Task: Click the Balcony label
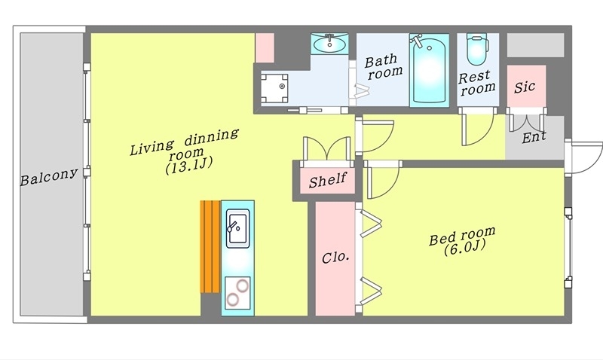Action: pyautogui.click(x=49, y=177)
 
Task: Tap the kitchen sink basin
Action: pyautogui.click(x=237, y=228)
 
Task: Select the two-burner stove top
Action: pyautogui.click(x=237, y=293)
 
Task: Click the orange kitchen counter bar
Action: pyautogui.click(x=210, y=246)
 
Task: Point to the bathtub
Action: pyautogui.click(x=429, y=70)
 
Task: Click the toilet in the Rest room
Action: pyautogui.click(x=477, y=49)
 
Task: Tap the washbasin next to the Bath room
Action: pyautogui.click(x=329, y=43)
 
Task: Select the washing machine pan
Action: pyautogui.click(x=274, y=88)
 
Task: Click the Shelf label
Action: pyautogui.click(x=328, y=180)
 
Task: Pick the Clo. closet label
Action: pyautogui.click(x=335, y=257)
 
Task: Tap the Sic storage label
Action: pyautogui.click(x=525, y=87)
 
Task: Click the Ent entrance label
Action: pyautogui.click(x=534, y=137)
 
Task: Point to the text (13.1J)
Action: pyautogui.click(x=189, y=166)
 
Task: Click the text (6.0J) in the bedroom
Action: pyautogui.click(x=464, y=248)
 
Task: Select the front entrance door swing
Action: pyautogui.click(x=583, y=158)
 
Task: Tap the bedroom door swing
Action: pyautogui.click(x=383, y=180)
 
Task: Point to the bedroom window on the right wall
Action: pyautogui.click(x=568, y=248)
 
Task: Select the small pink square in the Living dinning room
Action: pyautogui.click(x=265, y=47)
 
